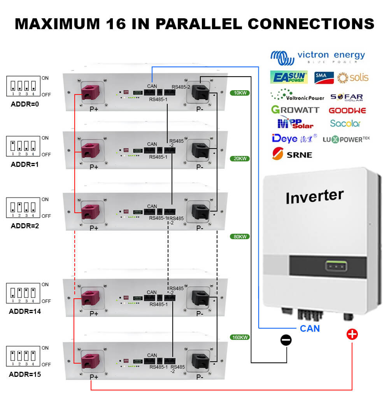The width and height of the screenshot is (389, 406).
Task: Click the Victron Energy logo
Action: tap(317, 58)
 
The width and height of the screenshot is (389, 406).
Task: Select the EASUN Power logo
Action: tap(289, 77)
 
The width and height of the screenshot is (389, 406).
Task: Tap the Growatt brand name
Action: tap(295, 110)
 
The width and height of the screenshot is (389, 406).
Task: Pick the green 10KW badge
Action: tap(239, 93)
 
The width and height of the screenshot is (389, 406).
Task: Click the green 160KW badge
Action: tap(239, 337)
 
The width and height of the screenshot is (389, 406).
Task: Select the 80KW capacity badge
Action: tap(239, 236)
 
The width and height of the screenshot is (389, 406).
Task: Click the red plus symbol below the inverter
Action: tap(352, 334)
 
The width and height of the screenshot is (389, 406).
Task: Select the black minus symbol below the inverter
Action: tap(286, 340)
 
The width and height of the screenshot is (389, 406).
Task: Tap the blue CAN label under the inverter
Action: tap(310, 329)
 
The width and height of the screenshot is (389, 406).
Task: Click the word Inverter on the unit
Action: tap(314, 196)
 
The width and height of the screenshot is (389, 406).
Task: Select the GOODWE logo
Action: tap(347, 110)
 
